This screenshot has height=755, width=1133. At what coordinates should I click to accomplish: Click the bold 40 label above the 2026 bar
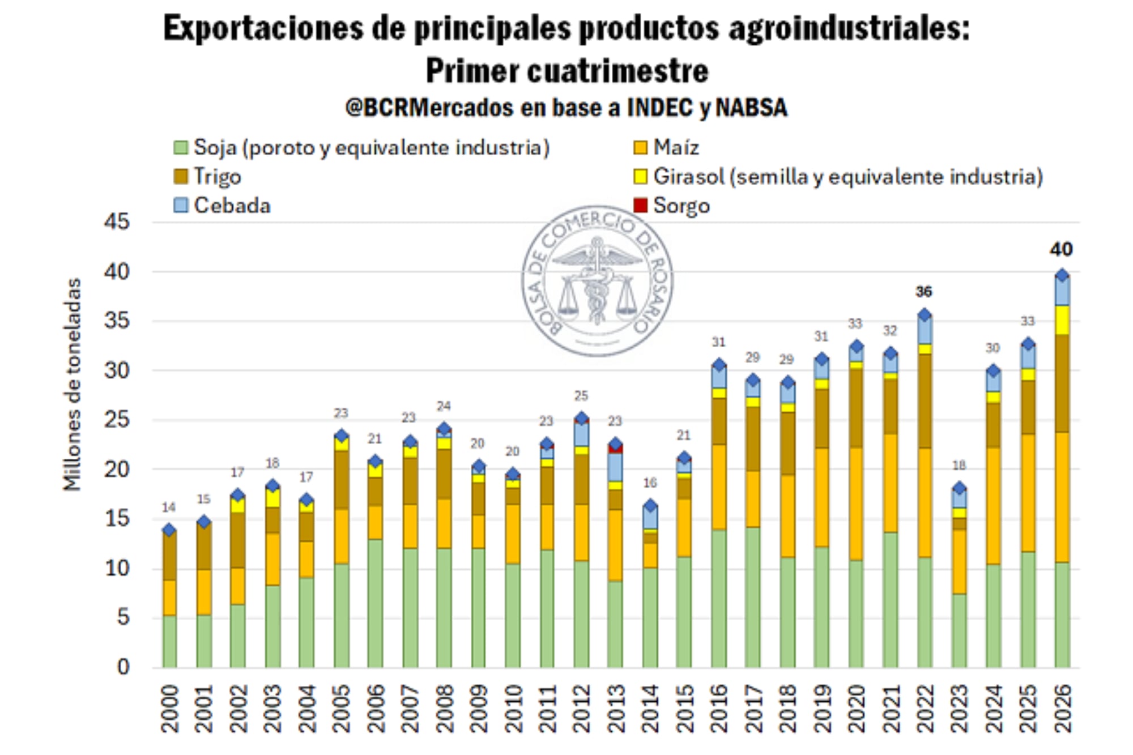(1061, 249)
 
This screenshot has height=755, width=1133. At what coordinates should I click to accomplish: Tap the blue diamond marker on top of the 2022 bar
(925, 315)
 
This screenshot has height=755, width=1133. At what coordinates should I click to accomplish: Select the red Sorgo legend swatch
(640, 205)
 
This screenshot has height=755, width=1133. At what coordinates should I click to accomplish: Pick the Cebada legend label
(232, 205)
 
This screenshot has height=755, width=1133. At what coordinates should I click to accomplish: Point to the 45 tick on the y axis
(117, 221)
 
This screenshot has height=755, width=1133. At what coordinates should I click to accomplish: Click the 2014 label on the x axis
(650, 709)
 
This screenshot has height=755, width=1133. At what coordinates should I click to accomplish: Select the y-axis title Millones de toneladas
(73, 385)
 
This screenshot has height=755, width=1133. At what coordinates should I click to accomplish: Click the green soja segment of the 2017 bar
(752, 598)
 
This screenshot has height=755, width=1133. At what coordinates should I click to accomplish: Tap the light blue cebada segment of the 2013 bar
(615, 467)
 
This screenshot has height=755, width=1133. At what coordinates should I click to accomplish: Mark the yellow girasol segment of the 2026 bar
(1062, 320)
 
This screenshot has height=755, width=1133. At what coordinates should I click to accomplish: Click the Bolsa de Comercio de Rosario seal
(597, 281)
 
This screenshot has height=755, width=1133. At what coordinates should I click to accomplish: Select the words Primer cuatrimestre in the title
(566, 71)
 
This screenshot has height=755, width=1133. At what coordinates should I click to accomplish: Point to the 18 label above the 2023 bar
(959, 466)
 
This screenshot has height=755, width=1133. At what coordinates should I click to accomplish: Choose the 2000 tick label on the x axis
(169, 709)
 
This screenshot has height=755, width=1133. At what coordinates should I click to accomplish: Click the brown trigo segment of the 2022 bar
(925, 401)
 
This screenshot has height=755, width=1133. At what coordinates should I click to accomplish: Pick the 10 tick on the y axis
(117, 568)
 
